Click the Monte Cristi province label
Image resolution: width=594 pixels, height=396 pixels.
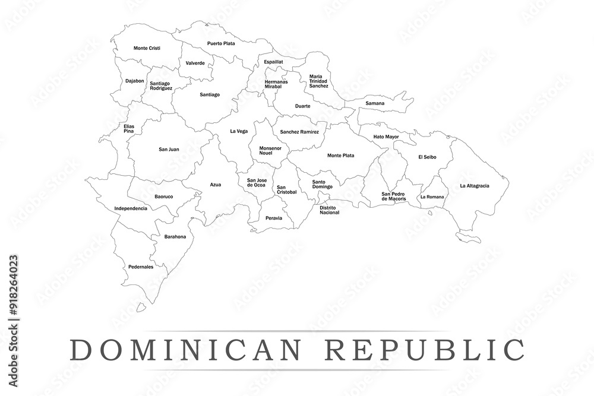tap(147, 48)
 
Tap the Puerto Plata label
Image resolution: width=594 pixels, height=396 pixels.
tap(221, 43)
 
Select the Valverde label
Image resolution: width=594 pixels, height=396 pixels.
tap(195, 63)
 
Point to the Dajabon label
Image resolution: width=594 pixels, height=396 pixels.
tap(134, 81)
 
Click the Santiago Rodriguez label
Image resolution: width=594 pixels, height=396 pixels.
tap(161, 85)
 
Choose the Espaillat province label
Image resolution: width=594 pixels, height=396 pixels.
tap(273, 61)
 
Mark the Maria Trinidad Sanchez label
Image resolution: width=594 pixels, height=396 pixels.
tap(318, 81)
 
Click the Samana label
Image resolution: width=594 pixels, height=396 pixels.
tap(375, 103)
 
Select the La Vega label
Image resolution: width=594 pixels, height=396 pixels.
tap(239, 131)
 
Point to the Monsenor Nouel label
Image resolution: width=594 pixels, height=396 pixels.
tap(266, 151)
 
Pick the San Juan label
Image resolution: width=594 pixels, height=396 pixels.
tap(169, 149)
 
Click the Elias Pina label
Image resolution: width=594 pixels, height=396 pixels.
tap(129, 128)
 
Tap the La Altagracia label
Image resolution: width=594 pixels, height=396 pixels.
tap(475, 186)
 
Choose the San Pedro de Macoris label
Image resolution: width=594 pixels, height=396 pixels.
tap(394, 196)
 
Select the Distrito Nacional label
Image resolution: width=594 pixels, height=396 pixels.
tap(329, 210)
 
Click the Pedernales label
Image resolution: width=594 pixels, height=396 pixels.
tap(141, 267)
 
